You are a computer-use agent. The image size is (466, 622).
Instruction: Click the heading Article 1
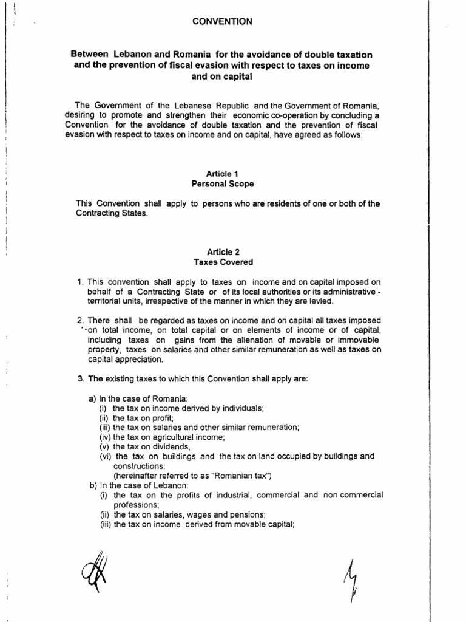click(223, 173)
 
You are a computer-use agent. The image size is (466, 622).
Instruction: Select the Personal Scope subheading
click(223, 183)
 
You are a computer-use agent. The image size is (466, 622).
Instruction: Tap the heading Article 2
click(223, 252)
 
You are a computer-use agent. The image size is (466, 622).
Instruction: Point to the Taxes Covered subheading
click(223, 262)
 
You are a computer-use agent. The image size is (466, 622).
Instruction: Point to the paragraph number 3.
click(80, 378)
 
